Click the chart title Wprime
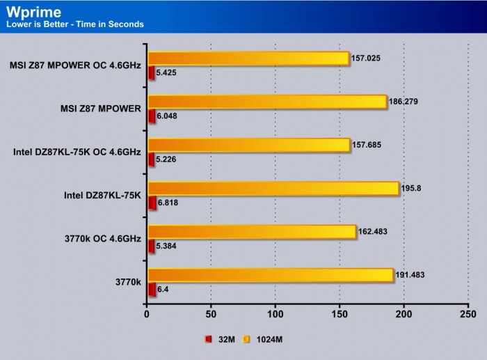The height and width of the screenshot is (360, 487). pyautogui.click(x=32, y=11)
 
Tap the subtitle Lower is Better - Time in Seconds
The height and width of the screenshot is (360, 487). pyautogui.click(x=74, y=24)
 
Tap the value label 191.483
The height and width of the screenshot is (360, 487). pyautogui.click(x=412, y=275)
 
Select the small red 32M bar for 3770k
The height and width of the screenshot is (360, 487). pyautogui.click(x=151, y=290)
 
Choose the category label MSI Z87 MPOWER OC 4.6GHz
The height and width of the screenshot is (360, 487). pyautogui.click(x=75, y=65)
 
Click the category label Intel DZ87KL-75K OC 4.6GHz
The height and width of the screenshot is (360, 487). pyautogui.click(x=77, y=152)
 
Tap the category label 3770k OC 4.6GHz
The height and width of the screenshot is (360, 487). pyautogui.click(x=102, y=239)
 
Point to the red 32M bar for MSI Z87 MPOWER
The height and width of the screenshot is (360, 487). pyautogui.click(x=151, y=116)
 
